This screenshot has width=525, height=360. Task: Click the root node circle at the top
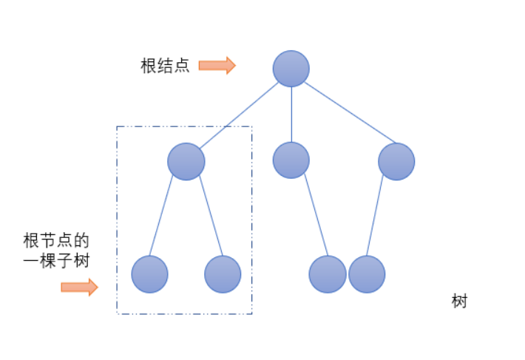(x=291, y=69)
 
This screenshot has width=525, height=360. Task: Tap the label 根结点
(x=165, y=66)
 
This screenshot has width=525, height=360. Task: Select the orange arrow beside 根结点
(x=217, y=66)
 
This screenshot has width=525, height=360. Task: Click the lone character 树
(x=459, y=302)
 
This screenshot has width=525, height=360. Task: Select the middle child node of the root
(x=291, y=160)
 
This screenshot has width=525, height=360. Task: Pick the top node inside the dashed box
(x=186, y=161)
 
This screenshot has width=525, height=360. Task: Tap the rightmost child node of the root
(x=396, y=161)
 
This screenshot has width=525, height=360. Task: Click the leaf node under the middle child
(x=328, y=274)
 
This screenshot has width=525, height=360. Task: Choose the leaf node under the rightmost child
(x=367, y=274)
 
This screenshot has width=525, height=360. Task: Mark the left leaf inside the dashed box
(x=150, y=274)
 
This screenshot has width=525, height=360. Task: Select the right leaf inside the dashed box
(x=223, y=274)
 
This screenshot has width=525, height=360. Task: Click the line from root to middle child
(x=291, y=115)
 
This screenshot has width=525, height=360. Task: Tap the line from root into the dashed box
(x=238, y=115)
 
